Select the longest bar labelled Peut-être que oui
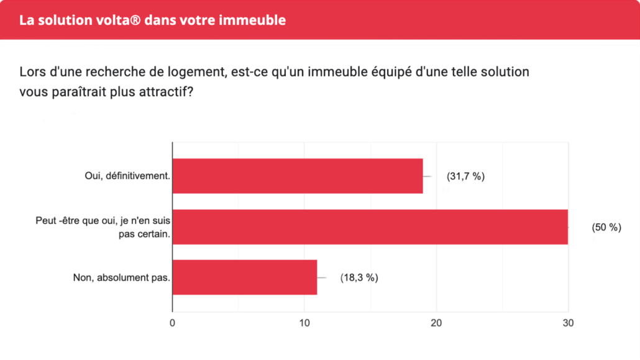370,227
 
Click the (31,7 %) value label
465,177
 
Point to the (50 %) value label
606,228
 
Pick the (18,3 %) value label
359,278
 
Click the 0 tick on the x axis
172,323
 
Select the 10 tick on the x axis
304,323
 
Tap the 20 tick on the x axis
436,323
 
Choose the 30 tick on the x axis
568,323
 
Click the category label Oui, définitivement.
127,176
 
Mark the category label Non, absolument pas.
121,278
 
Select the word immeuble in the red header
255,20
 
